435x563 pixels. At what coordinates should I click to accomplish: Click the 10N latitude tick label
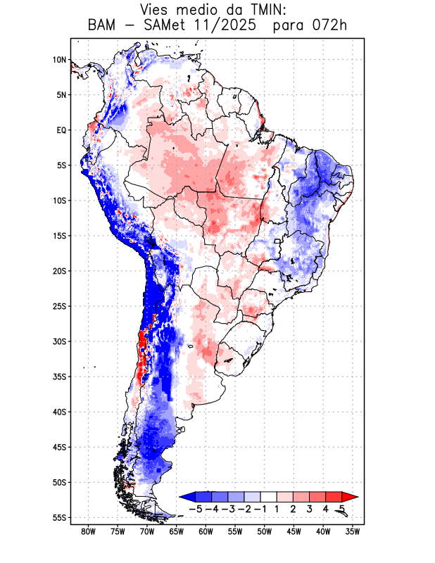tap(58, 60)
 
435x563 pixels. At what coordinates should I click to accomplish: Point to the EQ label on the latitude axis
tap(61, 130)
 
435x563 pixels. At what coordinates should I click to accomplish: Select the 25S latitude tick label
tap(58, 306)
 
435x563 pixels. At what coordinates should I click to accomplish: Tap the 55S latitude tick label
tap(58, 517)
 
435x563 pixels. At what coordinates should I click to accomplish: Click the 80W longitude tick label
tap(88, 532)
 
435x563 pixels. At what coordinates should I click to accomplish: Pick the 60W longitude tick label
tap(206, 532)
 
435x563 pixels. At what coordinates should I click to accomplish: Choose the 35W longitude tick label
tap(353, 532)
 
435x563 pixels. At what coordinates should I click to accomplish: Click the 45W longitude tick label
tap(294, 532)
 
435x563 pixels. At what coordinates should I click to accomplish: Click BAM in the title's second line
tap(103, 26)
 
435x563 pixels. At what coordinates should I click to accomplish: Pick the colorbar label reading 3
tap(310, 508)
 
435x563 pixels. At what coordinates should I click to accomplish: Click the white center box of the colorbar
tap(268, 497)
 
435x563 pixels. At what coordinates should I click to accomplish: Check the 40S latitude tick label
tap(58, 412)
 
